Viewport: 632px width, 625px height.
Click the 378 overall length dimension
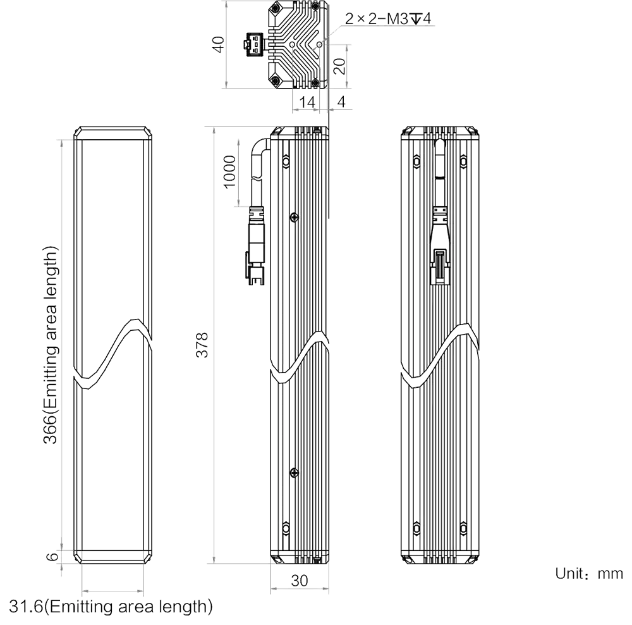(x=202, y=345)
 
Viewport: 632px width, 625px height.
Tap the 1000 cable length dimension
(x=229, y=172)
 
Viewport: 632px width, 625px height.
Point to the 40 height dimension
(x=218, y=44)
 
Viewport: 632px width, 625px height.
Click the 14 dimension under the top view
(x=307, y=102)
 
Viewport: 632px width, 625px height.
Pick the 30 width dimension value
(x=300, y=581)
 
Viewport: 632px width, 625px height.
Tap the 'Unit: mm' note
(x=589, y=573)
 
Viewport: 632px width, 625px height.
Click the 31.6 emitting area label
(x=111, y=607)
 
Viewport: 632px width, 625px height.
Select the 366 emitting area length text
(x=51, y=345)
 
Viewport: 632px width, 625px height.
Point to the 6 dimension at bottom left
(x=52, y=557)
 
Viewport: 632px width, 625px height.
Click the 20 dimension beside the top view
(x=340, y=66)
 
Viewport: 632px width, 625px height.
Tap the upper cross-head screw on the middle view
(x=295, y=218)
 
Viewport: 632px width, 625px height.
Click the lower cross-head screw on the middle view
(x=295, y=473)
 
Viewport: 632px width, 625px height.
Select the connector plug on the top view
(x=254, y=45)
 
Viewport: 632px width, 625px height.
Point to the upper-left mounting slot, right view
(x=416, y=161)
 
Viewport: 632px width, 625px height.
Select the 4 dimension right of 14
(x=341, y=102)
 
